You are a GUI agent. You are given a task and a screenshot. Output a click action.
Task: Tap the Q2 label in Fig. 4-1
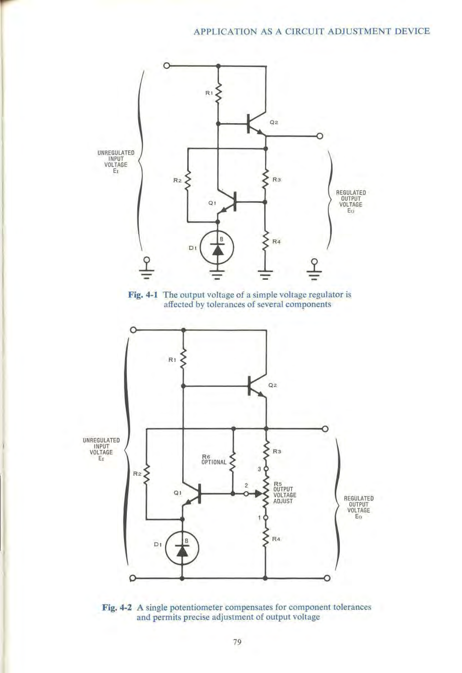tap(274, 123)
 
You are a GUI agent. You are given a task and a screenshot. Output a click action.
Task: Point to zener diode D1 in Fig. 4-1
tap(217, 249)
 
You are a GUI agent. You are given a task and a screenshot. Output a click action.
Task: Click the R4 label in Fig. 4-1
tap(276, 242)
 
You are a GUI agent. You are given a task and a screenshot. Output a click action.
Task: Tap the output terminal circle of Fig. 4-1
tap(320, 136)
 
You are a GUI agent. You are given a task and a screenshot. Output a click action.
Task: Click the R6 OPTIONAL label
tap(214, 459)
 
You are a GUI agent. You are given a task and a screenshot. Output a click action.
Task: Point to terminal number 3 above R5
tap(259, 469)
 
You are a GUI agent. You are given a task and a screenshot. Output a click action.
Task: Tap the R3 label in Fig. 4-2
tap(276, 451)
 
